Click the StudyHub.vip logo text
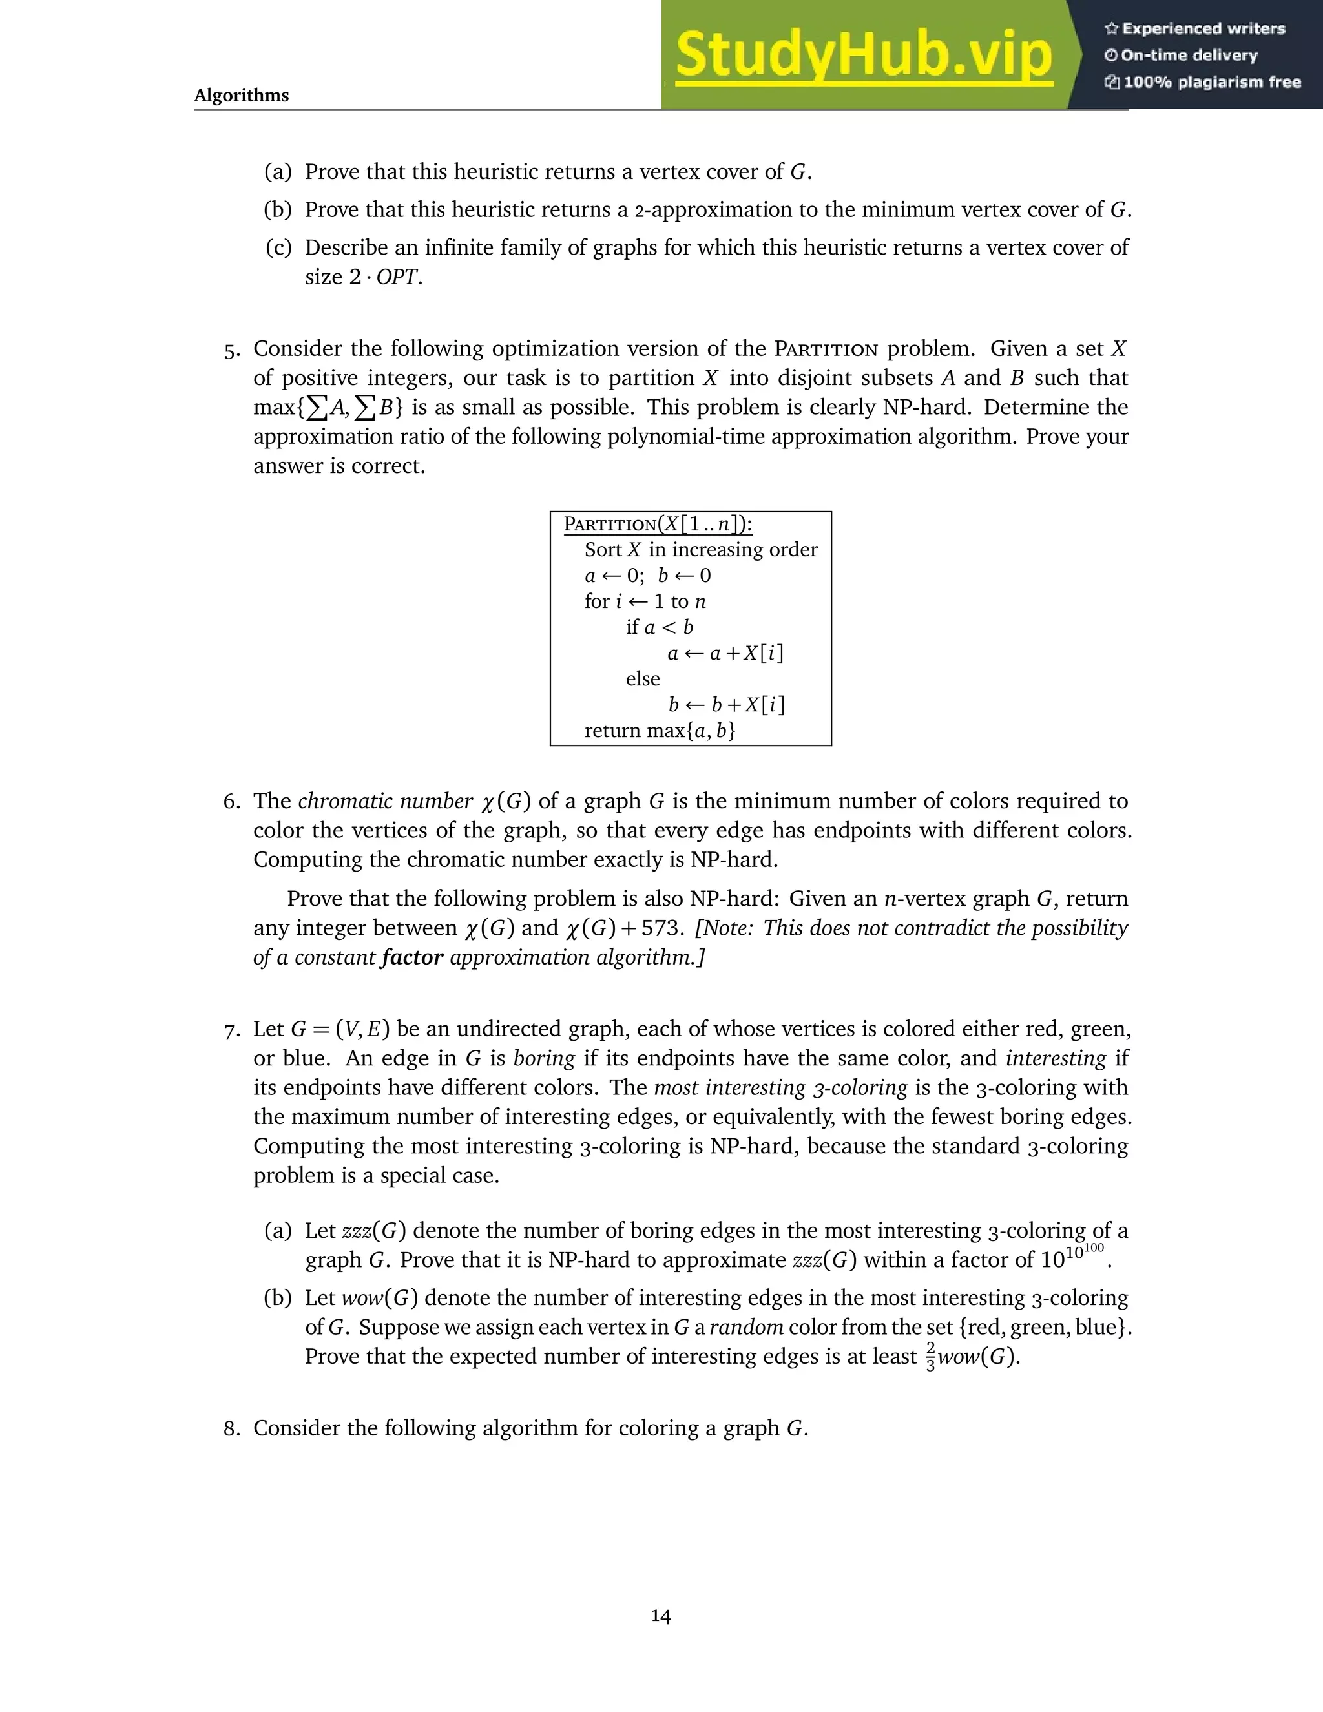863,55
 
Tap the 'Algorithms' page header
242,96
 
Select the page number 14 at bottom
661,1616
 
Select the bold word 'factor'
412,957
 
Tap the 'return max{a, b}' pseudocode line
660,731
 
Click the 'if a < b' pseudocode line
659,627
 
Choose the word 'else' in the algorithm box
643,679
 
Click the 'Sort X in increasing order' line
701,550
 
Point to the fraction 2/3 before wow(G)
930,1356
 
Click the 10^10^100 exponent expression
1072,1257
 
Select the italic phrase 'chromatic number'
385,801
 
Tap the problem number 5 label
231,350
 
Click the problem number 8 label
231,1428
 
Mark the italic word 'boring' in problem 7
544,1058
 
